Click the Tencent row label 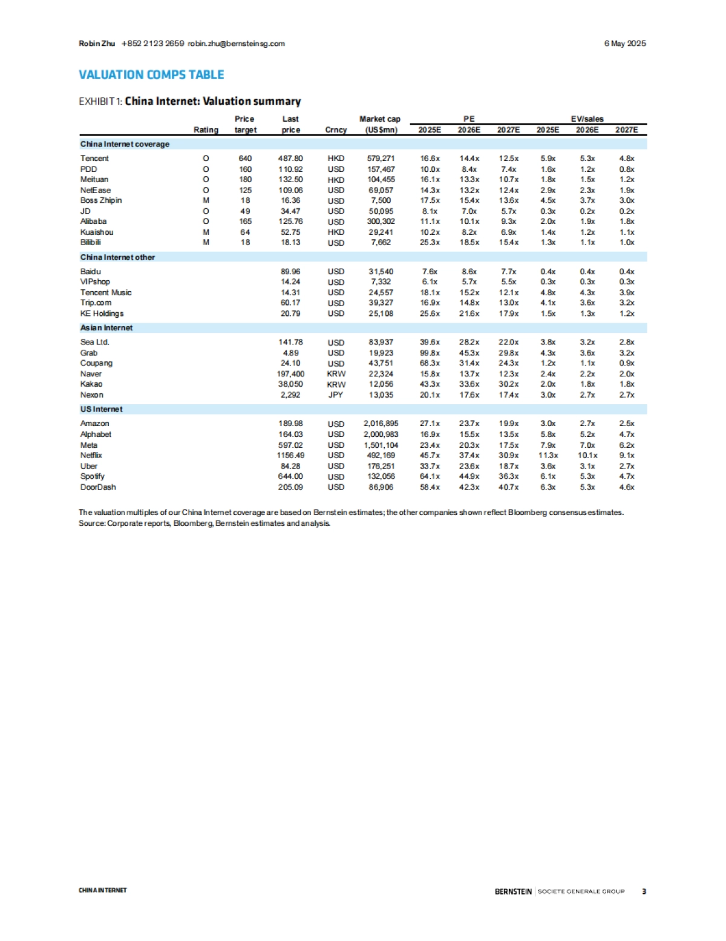click(94, 159)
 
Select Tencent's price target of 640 click(245, 159)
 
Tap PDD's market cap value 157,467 click(381, 169)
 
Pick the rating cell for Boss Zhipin click(206, 200)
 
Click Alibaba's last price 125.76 click(290, 221)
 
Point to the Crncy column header click(336, 130)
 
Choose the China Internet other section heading click(117, 257)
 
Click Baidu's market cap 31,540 click(381, 272)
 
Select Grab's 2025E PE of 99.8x click(430, 353)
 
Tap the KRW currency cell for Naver click(336, 374)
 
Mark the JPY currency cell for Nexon click(336, 395)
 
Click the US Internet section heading click(101, 409)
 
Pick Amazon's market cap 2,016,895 click(381, 424)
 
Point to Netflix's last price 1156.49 click(290, 455)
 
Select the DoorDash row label click(98, 487)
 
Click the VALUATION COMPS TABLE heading click(151, 74)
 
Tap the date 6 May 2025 click(625, 44)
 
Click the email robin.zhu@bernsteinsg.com click(236, 44)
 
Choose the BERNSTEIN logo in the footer click(513, 891)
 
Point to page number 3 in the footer click(644, 891)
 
